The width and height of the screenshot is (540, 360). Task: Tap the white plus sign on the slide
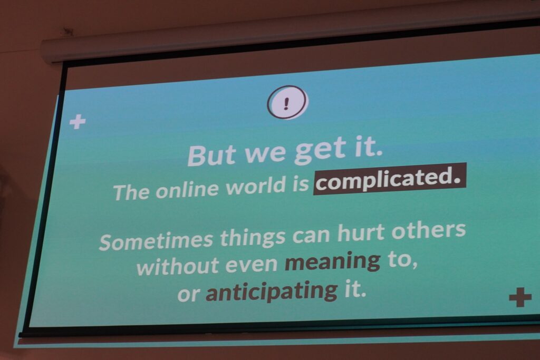pyautogui.click(x=78, y=121)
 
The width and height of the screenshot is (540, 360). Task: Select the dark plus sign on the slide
pyautogui.click(x=520, y=297)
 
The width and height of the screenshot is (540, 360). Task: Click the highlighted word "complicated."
pyautogui.click(x=390, y=179)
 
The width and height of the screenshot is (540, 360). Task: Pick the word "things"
pyautogui.click(x=253, y=238)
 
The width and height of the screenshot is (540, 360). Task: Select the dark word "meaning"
pyautogui.click(x=333, y=262)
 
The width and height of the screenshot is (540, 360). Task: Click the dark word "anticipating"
pyautogui.click(x=272, y=292)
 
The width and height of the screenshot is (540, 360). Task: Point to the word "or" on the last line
pyautogui.click(x=188, y=295)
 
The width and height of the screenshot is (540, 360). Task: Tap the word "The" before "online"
pyautogui.click(x=131, y=192)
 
